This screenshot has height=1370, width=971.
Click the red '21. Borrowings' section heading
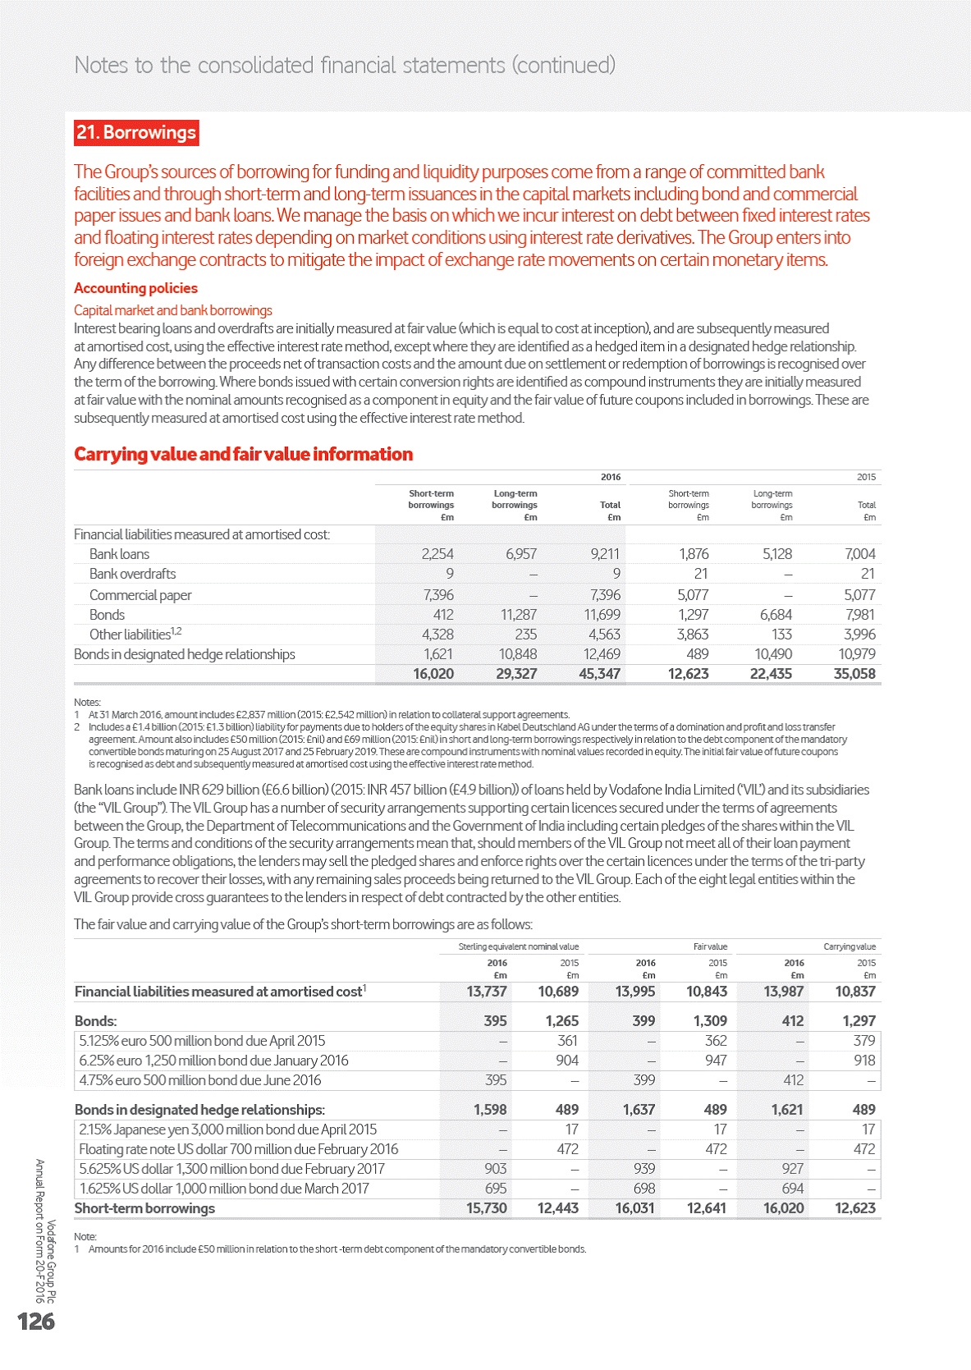[x=136, y=133]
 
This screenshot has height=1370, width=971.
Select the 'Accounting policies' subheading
[x=135, y=288]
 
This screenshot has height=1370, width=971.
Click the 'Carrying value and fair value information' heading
[x=243, y=454]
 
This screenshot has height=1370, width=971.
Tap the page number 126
[x=36, y=1321]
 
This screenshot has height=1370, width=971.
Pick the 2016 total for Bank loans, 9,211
[x=605, y=554]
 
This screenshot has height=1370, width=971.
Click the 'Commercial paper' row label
[x=140, y=595]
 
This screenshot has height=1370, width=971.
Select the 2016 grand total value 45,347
[x=599, y=674]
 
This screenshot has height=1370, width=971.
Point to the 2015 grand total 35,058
[x=854, y=674]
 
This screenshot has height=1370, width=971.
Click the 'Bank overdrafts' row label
[x=132, y=574]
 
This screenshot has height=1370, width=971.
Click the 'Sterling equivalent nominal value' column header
[x=518, y=946]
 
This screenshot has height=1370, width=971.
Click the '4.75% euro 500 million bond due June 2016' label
[x=200, y=1080]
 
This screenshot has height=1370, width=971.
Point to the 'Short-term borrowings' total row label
[x=144, y=1208]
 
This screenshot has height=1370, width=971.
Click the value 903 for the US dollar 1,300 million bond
[x=495, y=1169]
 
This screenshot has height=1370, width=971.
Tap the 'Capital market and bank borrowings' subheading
[x=173, y=310]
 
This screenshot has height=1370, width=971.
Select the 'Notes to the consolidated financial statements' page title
[x=345, y=65]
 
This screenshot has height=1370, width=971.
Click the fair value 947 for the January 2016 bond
[x=716, y=1061]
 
